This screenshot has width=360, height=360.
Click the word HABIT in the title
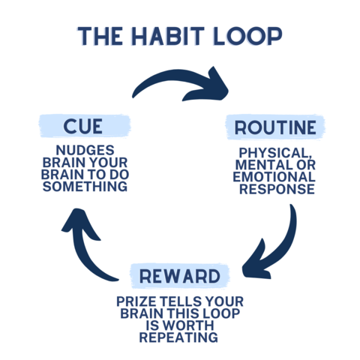[168, 36]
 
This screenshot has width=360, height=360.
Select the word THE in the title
[100, 36]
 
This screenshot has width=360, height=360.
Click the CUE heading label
[83, 126]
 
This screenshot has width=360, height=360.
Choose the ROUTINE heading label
[275, 127]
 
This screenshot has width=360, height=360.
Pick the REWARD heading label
[180, 276]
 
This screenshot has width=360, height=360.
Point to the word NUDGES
[85, 151]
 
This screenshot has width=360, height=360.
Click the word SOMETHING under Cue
[85, 187]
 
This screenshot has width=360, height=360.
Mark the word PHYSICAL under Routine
[275, 153]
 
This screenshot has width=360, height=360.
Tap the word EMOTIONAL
[274, 177]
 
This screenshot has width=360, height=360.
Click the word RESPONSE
[277, 189]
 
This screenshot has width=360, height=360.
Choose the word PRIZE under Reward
[136, 301]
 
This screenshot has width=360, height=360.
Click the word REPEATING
[178, 337]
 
